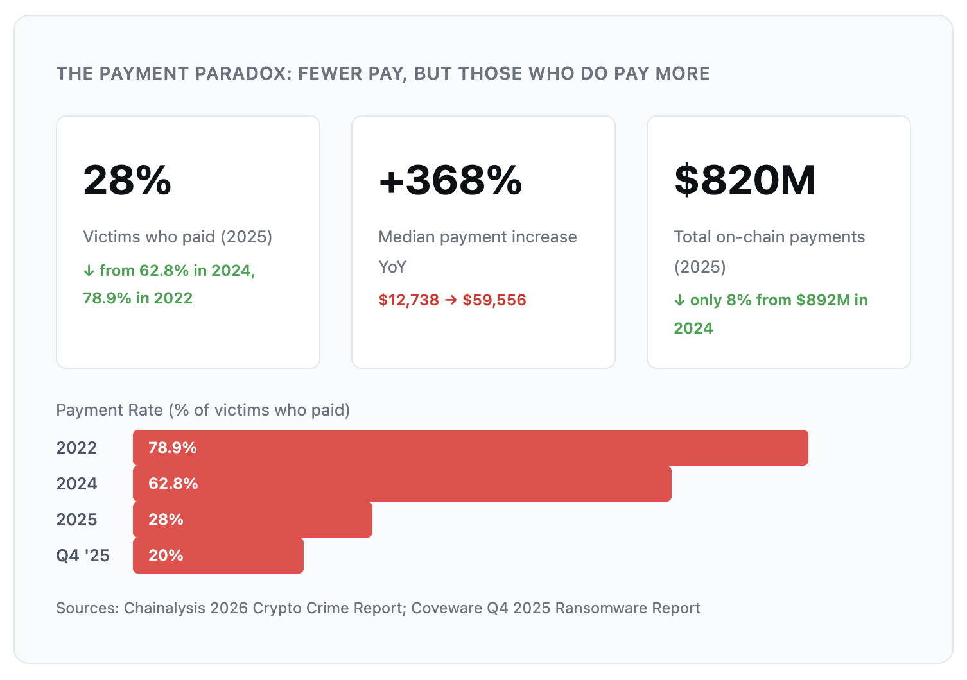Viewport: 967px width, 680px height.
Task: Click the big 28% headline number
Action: [x=127, y=180]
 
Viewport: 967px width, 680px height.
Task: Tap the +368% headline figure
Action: [x=450, y=180]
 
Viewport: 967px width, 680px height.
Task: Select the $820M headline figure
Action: [x=745, y=180]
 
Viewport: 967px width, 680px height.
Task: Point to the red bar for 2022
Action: [x=471, y=448]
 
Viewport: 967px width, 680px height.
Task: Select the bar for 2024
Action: [x=402, y=483]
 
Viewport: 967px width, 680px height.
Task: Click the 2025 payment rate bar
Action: [x=252, y=519]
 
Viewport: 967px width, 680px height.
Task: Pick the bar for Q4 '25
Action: [x=218, y=556]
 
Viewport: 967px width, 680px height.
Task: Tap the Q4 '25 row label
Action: [x=83, y=556]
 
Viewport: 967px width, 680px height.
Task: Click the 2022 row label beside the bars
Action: [x=76, y=448]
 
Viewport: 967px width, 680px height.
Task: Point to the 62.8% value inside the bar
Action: [x=173, y=483]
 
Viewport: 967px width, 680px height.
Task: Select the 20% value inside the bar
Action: [x=166, y=556]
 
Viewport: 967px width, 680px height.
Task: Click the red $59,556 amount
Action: [x=494, y=300]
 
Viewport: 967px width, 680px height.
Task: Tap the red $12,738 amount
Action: [x=408, y=300]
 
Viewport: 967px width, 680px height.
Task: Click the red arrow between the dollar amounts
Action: [x=451, y=300]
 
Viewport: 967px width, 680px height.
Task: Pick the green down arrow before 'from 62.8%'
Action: [x=89, y=271]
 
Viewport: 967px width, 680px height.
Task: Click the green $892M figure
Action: [x=823, y=300]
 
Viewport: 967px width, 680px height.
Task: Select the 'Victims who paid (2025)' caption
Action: [x=177, y=237]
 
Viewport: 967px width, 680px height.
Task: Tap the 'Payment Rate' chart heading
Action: [x=109, y=410]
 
